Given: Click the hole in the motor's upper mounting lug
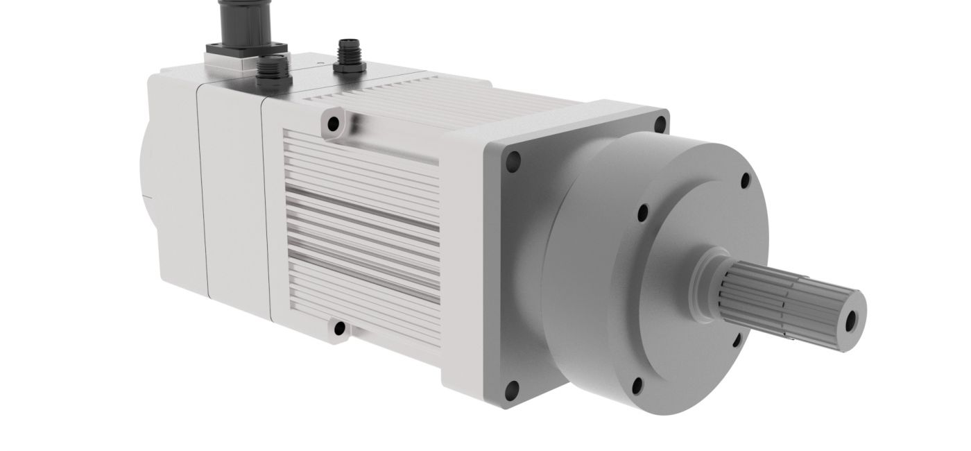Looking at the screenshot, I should pos(334,124).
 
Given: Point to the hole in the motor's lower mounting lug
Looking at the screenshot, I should pos(339,327).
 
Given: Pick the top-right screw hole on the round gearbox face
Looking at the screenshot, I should pos(746,182).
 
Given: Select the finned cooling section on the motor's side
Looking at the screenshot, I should pos(361,222).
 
